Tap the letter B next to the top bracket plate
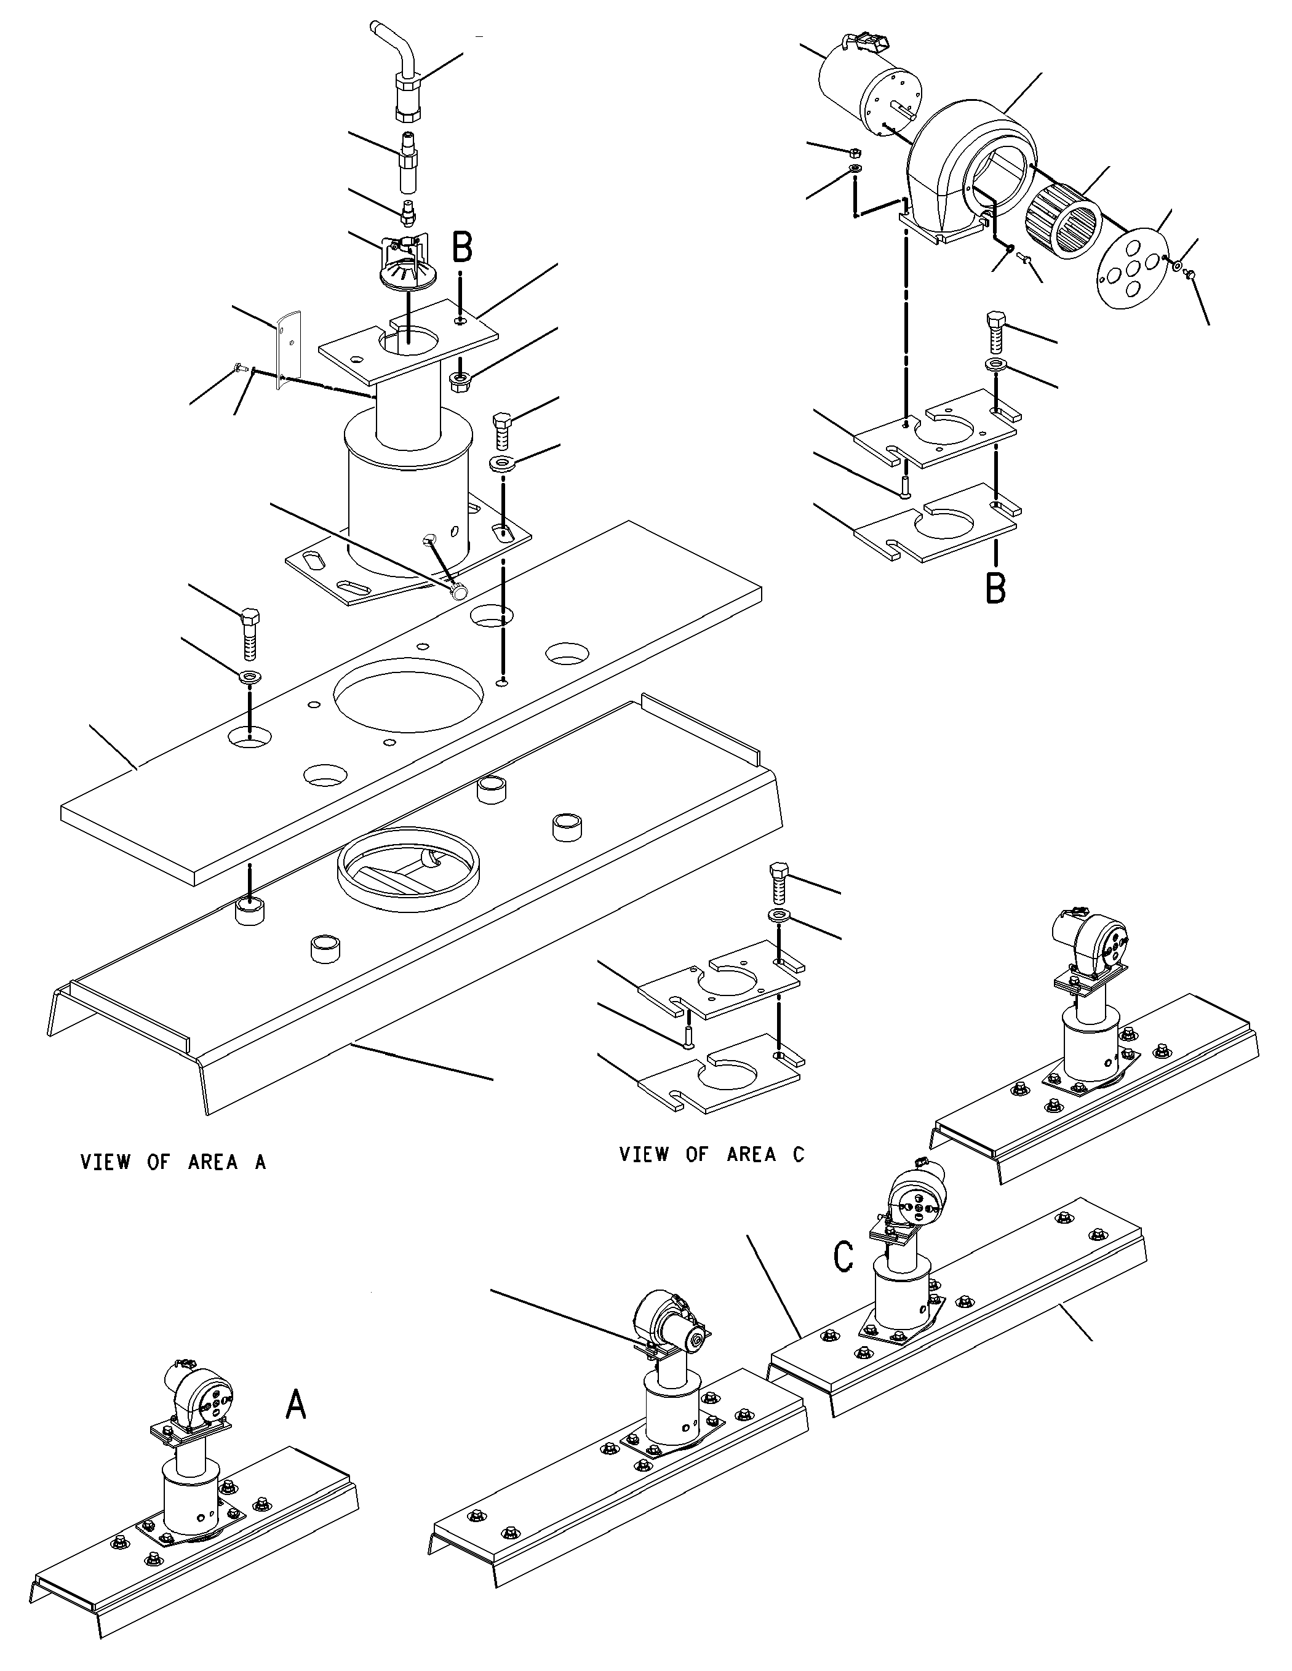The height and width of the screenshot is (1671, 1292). click(462, 247)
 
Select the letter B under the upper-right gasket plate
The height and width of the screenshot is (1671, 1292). click(995, 588)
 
